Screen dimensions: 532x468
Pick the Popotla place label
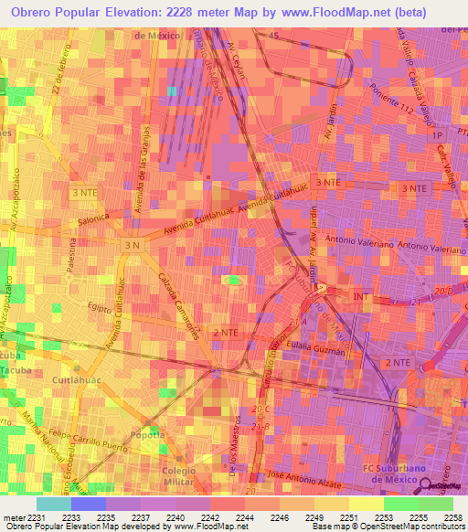pyautogui.click(x=148, y=435)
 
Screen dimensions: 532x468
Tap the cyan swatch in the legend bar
pyautogui.click(x=54, y=504)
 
